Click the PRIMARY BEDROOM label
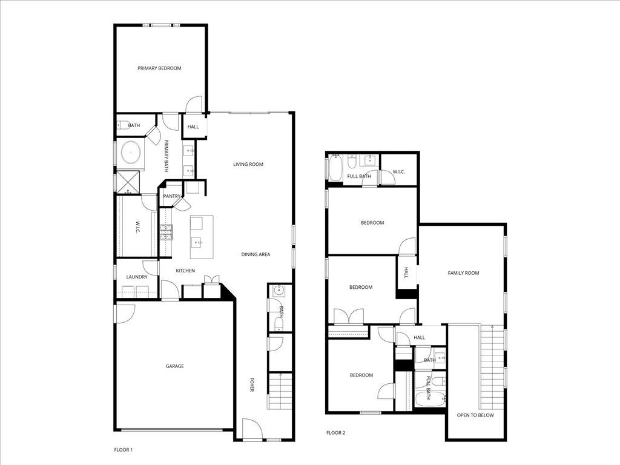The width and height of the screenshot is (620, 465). (159, 68)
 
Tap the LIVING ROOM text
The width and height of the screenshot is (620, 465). (248, 164)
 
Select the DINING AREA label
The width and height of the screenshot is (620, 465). (256, 254)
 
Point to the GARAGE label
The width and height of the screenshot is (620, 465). (175, 366)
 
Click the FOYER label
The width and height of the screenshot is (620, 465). (252, 385)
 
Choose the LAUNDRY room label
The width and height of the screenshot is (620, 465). (137, 277)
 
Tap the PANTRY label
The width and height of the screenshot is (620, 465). (171, 196)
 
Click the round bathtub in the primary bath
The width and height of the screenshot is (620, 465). (130, 153)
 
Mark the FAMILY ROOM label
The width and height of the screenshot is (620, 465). (463, 273)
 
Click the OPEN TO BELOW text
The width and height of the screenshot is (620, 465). (475, 415)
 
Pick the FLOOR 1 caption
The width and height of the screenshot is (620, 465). (124, 450)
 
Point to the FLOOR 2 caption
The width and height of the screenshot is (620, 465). (335, 433)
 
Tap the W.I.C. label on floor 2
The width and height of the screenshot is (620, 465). (398, 172)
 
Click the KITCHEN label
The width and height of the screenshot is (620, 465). (185, 271)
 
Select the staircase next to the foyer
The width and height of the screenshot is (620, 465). (280, 391)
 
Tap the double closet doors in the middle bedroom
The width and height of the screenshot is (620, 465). (349, 317)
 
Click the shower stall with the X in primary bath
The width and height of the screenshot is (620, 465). (128, 181)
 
